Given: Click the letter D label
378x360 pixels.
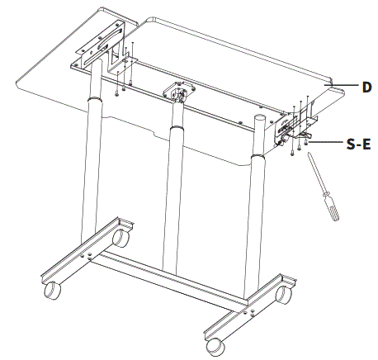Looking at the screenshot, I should click(366, 85).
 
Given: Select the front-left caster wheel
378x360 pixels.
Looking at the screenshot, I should click(52, 292).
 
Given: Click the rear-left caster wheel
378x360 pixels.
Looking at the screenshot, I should click(120, 239).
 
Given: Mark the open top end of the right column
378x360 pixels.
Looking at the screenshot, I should click(259, 121).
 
